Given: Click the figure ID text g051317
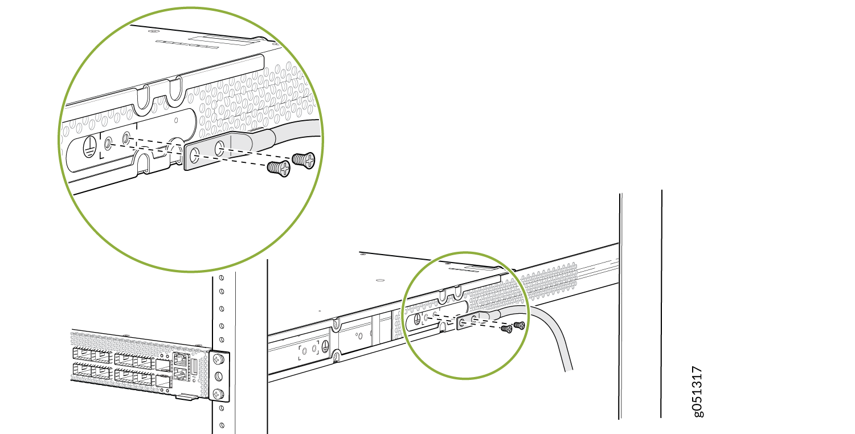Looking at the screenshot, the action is [697, 392].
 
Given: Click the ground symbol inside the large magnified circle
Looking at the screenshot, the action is [89, 146].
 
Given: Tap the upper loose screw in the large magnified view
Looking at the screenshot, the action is [304, 160].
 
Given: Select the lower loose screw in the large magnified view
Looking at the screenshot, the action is [279, 169].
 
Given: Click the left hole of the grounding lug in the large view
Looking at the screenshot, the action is [195, 155].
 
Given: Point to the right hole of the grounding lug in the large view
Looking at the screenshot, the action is [219, 149].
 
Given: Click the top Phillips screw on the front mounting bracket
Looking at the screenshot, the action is [218, 359].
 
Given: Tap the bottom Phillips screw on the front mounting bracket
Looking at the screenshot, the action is [218, 393].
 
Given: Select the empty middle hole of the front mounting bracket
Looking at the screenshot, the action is [218, 376].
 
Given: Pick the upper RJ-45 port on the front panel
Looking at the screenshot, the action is [179, 359].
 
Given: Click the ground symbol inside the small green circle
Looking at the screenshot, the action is [417, 320].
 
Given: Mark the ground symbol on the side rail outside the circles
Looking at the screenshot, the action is [325, 347].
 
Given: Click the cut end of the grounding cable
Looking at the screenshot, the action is [568, 370].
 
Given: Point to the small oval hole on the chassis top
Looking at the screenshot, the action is [380, 280].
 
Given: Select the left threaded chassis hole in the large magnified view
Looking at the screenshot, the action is [108, 144].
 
